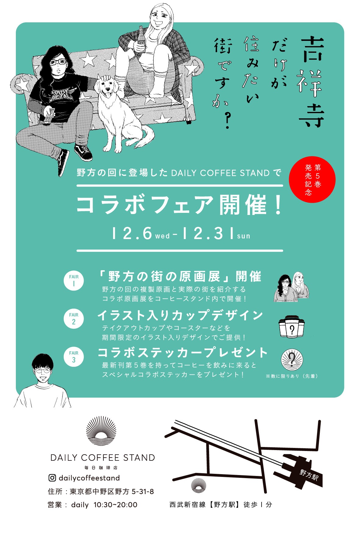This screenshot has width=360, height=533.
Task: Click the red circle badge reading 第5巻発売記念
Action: pos(312,179)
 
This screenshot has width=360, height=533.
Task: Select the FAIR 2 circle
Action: pos(74,319)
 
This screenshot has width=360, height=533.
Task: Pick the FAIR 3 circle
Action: pos(74,357)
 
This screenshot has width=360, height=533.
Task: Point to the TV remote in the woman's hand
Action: pos(48,116)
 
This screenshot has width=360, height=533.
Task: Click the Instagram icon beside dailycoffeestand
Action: pos(52,478)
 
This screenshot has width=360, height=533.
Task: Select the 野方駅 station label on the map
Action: pos(309,475)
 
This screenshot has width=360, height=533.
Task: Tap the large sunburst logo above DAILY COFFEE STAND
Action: pos(101,431)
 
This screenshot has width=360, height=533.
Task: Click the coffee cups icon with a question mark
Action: pos(292,327)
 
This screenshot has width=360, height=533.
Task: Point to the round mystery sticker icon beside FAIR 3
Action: pos(292,360)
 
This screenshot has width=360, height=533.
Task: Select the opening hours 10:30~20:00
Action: pos(115,505)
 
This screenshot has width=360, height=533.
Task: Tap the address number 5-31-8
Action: pos(143,492)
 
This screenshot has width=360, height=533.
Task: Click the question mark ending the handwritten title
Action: pos(226,121)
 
